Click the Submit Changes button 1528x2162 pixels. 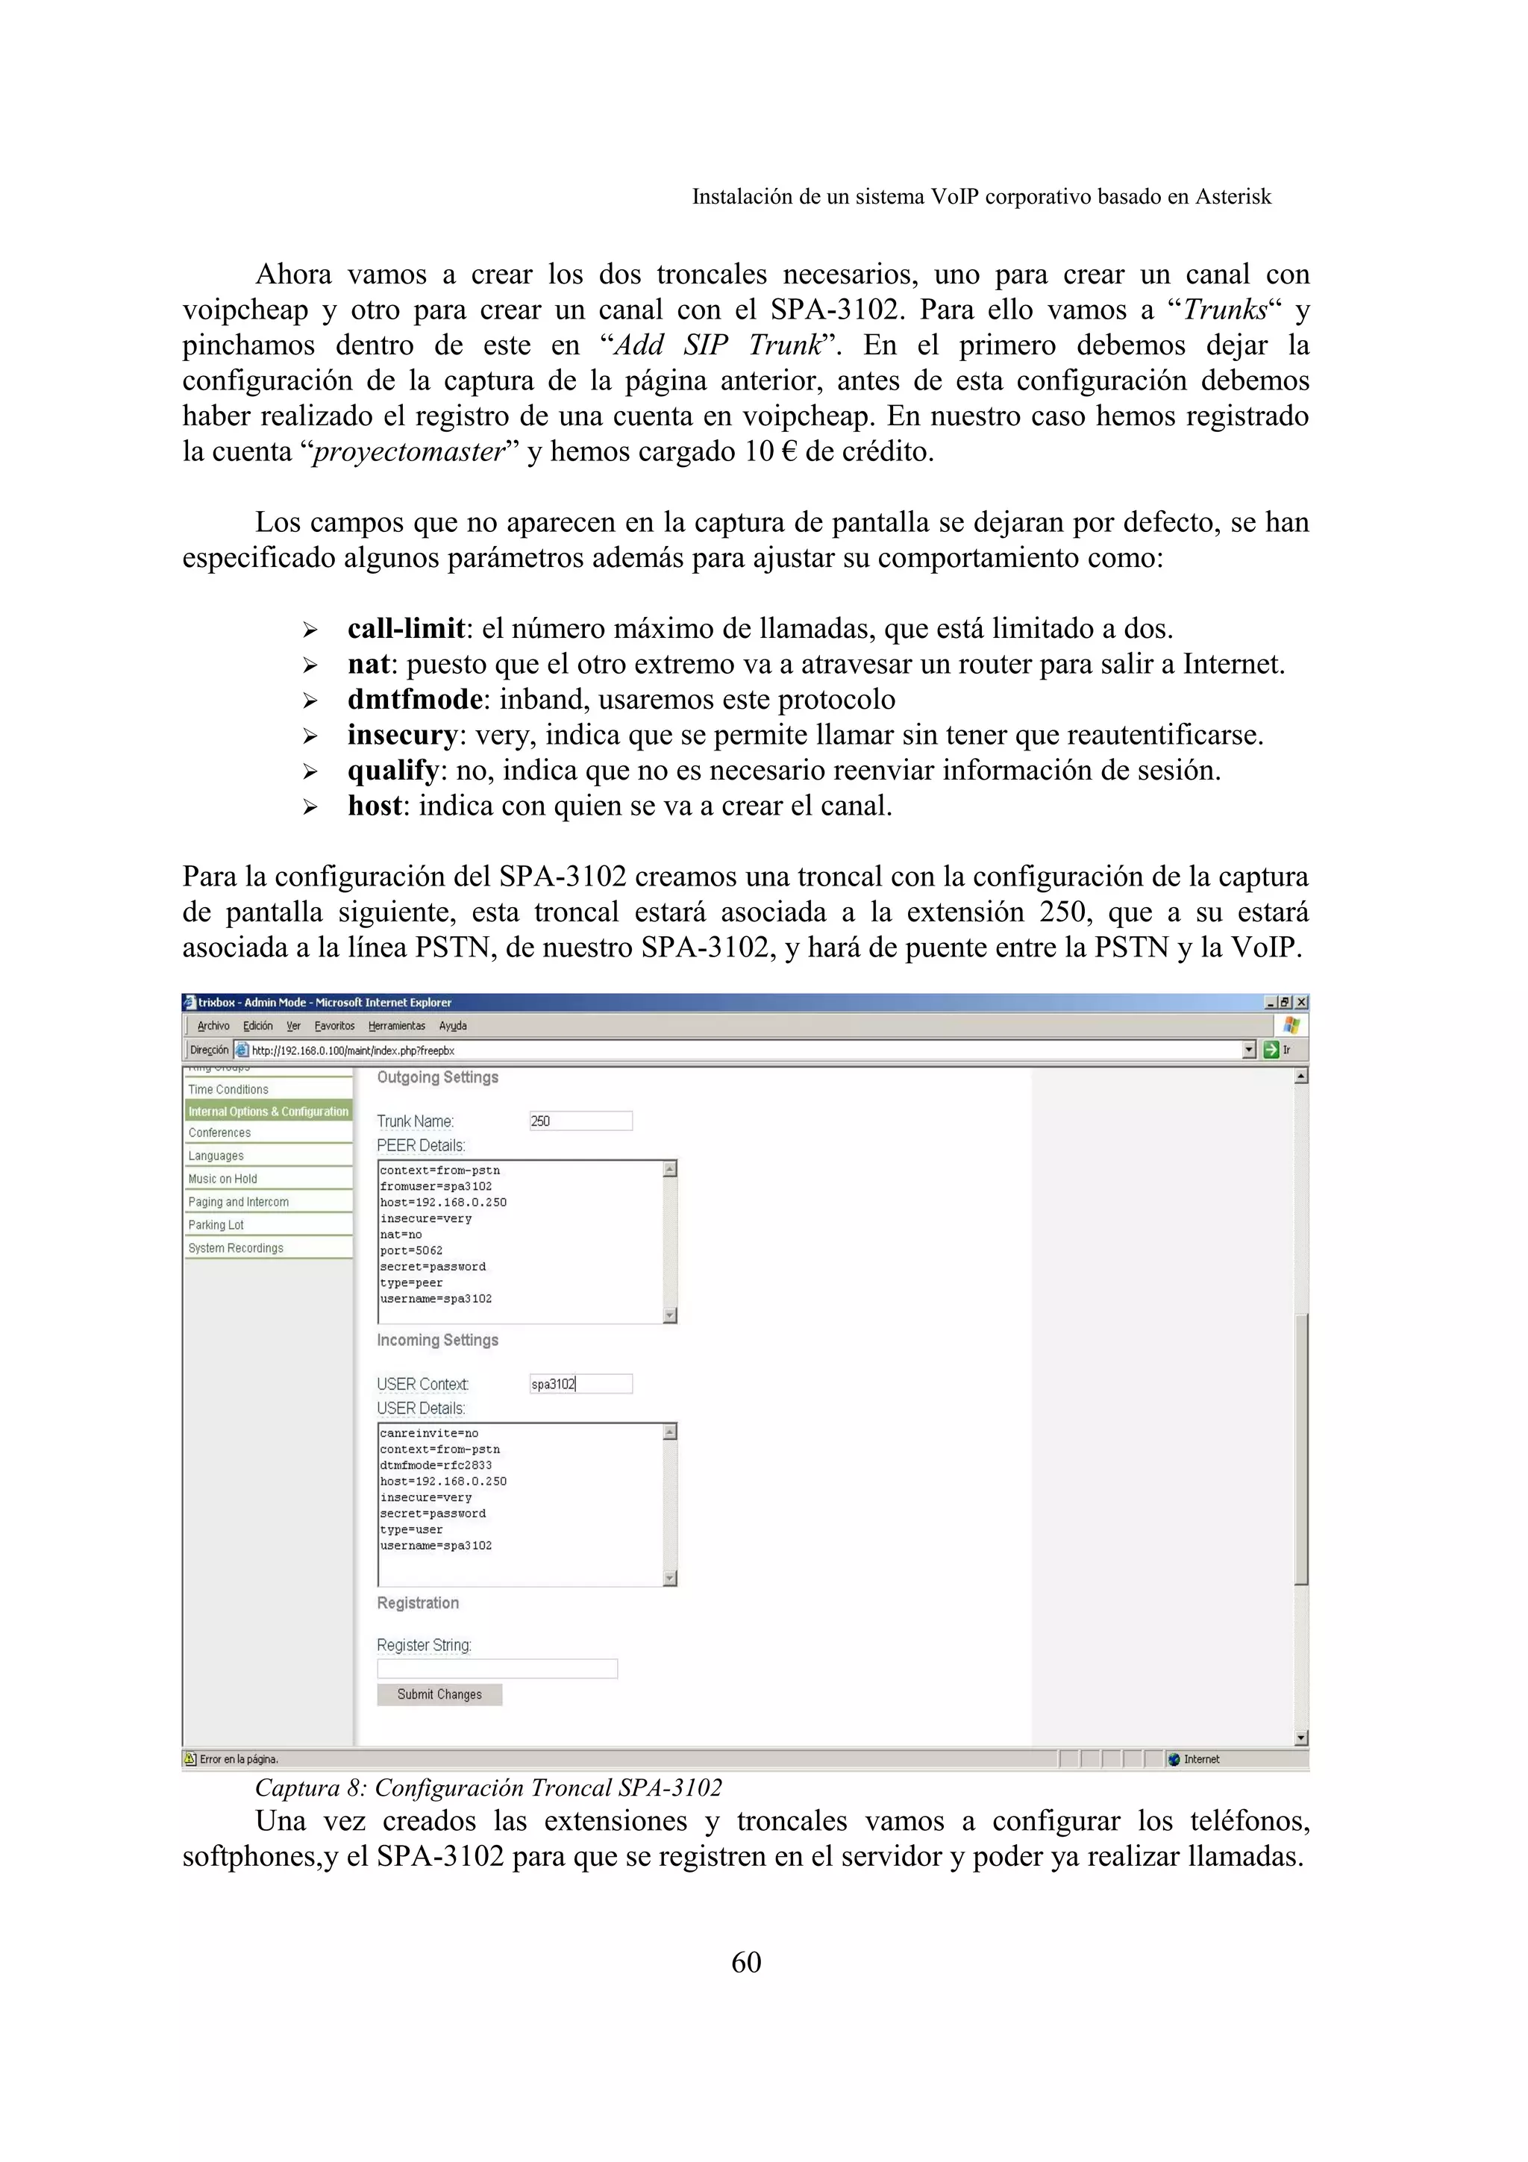pyautogui.click(x=439, y=1694)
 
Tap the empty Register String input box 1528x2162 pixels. pyautogui.click(x=497, y=1669)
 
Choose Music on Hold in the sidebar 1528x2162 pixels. pyautogui.click(x=222, y=1179)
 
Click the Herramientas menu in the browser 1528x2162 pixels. pyautogui.click(x=396, y=1026)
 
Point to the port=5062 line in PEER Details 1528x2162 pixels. pyautogui.click(x=411, y=1250)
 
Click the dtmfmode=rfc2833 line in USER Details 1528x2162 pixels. pyautogui.click(x=436, y=1465)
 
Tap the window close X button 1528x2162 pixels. pyautogui.click(x=1301, y=1003)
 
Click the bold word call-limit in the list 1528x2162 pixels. pyautogui.click(x=406, y=628)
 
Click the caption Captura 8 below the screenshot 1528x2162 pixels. pyautogui.click(x=488, y=1788)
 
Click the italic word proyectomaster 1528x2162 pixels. pyautogui.click(x=410, y=452)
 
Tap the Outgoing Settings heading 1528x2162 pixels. pyautogui.click(x=438, y=1077)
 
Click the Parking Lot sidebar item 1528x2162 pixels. pyautogui.click(x=216, y=1225)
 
